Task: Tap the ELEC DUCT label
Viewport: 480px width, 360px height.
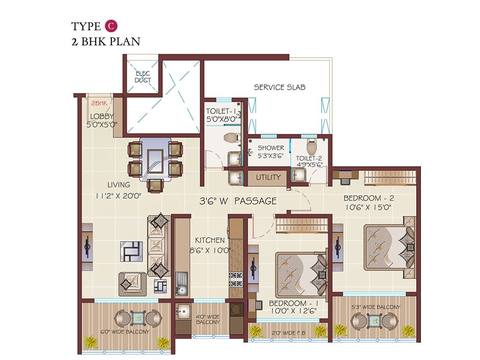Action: tap(143, 77)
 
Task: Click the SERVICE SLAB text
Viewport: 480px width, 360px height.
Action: tap(279, 87)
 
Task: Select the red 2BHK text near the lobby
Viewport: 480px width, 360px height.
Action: tap(99, 103)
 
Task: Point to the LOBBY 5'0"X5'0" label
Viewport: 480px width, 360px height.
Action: tap(102, 120)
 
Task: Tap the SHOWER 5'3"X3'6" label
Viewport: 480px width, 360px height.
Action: tap(271, 151)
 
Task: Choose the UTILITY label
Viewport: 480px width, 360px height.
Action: tap(268, 177)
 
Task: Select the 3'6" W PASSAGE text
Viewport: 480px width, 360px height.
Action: tap(238, 201)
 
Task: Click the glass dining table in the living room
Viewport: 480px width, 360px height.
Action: tap(155, 158)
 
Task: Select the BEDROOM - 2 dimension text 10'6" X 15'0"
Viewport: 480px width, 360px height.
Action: tap(368, 207)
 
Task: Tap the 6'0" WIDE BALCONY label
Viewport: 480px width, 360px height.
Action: tap(125, 331)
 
